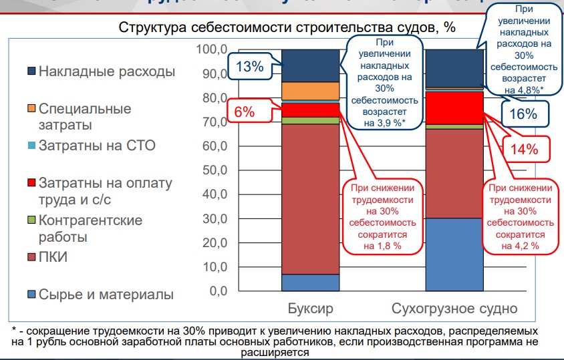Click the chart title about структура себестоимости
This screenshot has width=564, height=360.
[x=287, y=28]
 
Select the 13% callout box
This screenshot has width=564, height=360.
[x=250, y=66]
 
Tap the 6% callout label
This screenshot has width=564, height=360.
[x=245, y=112]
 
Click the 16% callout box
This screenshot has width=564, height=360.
[x=523, y=113]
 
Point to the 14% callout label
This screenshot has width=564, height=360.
[x=524, y=149]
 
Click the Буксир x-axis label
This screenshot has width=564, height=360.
[x=310, y=309]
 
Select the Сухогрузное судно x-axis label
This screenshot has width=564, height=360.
[x=454, y=309]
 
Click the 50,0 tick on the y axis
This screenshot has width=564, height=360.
[x=215, y=170]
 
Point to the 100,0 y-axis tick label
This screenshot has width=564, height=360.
[x=213, y=49]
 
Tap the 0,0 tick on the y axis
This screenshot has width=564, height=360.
[x=217, y=291]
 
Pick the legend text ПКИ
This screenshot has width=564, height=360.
[x=53, y=257]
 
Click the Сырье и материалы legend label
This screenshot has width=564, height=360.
[x=106, y=295]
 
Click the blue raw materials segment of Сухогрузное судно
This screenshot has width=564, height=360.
[x=454, y=254]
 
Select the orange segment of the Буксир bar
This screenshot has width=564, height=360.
[x=310, y=91]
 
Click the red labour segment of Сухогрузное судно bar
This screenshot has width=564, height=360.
[x=454, y=108]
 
